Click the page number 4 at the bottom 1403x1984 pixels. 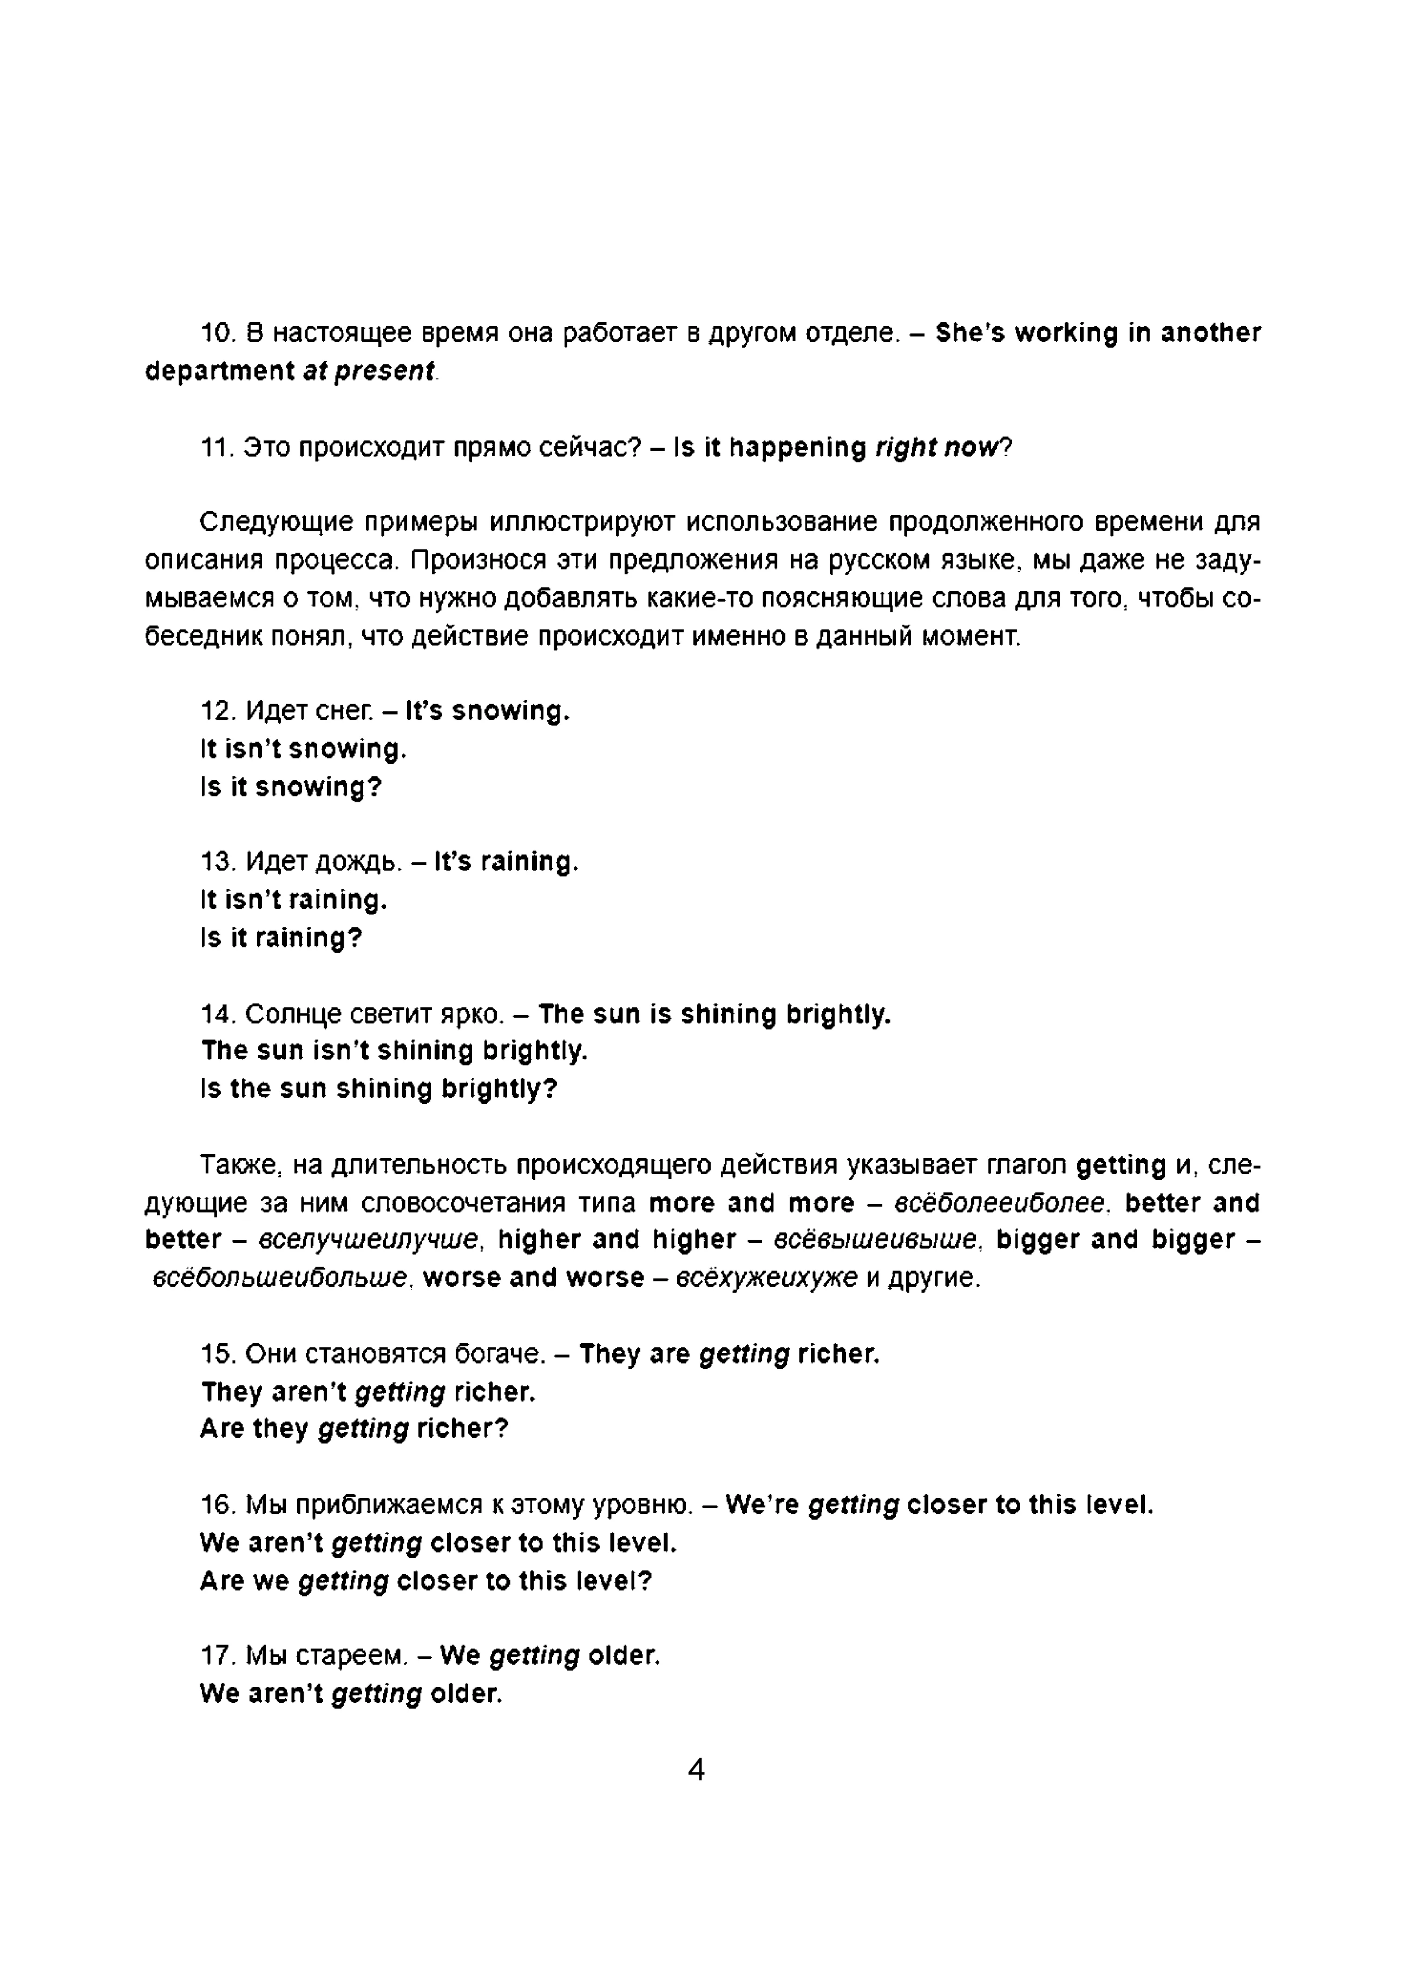pyautogui.click(x=696, y=1770)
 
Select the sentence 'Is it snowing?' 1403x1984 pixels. pyautogui.click(x=290, y=787)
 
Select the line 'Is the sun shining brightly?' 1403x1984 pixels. pyautogui.click(x=378, y=1088)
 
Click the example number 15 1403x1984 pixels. pyautogui.click(x=217, y=1353)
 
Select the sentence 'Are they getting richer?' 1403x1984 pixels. pyautogui.click(x=354, y=1429)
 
